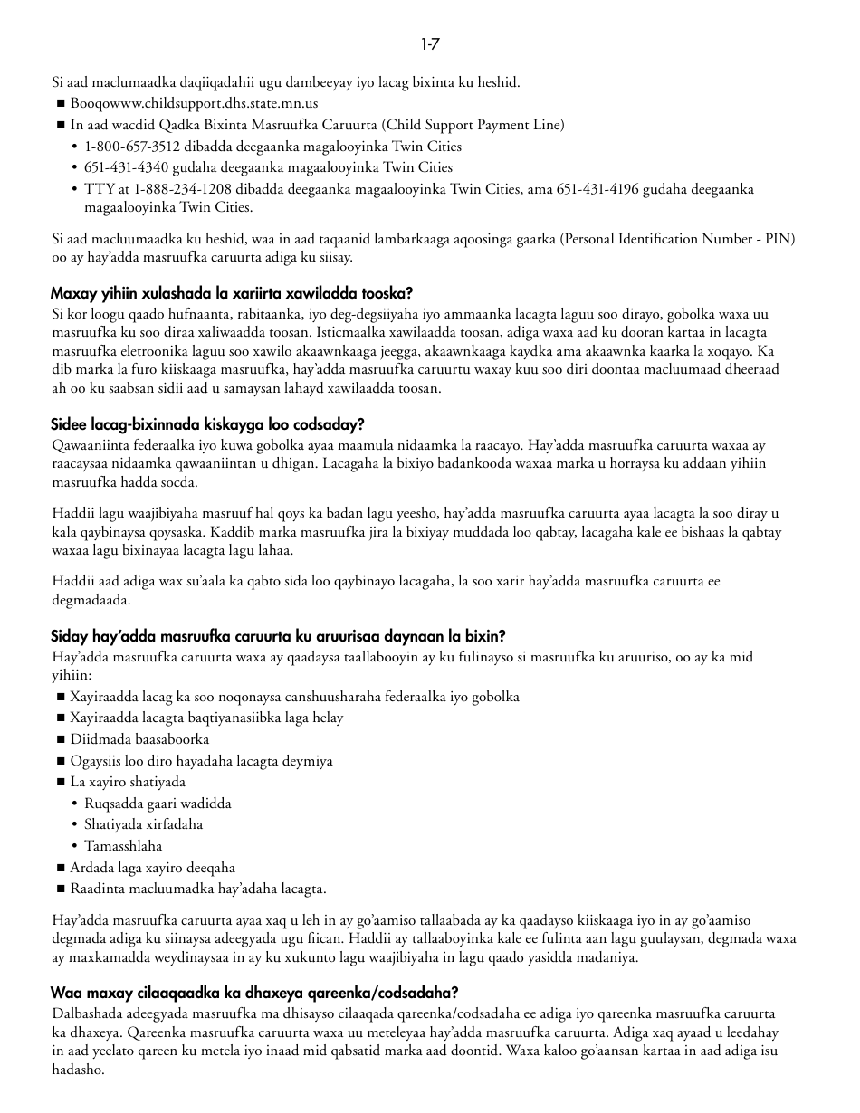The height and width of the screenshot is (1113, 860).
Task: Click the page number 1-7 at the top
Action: coord(430,43)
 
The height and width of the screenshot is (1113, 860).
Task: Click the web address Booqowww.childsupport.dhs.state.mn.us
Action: coord(194,104)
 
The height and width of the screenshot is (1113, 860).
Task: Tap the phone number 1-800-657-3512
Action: coord(125,147)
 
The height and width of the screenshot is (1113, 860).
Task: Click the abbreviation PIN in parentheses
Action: coord(776,239)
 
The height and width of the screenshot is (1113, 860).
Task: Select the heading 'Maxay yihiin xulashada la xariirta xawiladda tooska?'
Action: coord(232,293)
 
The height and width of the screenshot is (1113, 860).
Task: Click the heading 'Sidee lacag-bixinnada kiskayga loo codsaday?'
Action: coord(207,424)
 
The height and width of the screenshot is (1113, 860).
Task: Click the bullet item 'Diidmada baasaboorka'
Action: coord(139,739)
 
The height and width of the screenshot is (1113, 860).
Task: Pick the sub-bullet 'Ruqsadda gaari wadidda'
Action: coord(158,804)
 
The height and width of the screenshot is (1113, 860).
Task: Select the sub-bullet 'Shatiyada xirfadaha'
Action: coord(143,824)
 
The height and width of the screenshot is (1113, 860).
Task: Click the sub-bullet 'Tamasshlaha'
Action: coord(123,846)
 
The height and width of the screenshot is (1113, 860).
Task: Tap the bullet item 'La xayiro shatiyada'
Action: coord(128,782)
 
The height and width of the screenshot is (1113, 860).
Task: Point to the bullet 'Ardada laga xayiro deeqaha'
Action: coord(152,868)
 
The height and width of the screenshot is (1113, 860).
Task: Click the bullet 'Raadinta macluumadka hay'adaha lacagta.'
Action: coord(198,889)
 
